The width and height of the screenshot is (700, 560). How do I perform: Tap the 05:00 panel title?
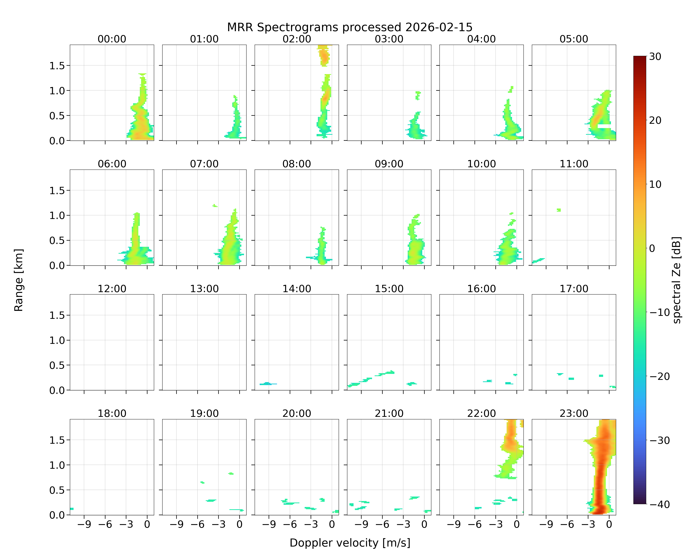pyautogui.click(x=574, y=39)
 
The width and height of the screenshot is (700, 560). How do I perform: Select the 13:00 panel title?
pyautogui.click(x=204, y=289)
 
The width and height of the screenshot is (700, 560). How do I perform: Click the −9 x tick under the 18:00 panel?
pyautogui.click(x=84, y=524)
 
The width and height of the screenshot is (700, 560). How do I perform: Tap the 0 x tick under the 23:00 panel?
pyautogui.click(x=609, y=524)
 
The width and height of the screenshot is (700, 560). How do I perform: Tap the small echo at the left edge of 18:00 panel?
pyautogui.click(x=72, y=509)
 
